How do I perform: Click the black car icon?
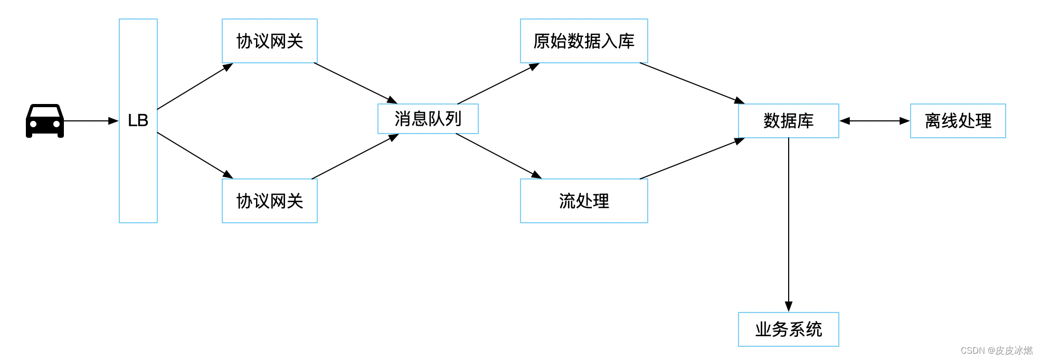45,121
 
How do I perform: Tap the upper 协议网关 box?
269,41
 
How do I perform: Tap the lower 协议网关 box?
269,201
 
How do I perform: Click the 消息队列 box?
428,119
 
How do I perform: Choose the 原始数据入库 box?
584,41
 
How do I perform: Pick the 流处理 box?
584,201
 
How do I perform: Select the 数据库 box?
788,121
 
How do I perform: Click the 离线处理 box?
958,121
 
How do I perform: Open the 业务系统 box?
788,329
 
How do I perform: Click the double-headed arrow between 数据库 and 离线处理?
875,121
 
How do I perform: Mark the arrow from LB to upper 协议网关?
194,87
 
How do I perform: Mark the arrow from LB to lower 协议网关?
194,155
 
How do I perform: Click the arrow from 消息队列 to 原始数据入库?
498,84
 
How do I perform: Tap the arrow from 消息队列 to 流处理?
498,156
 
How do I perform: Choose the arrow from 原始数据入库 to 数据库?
692,83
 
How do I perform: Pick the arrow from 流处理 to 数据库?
692,159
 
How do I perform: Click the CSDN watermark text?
996,350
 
